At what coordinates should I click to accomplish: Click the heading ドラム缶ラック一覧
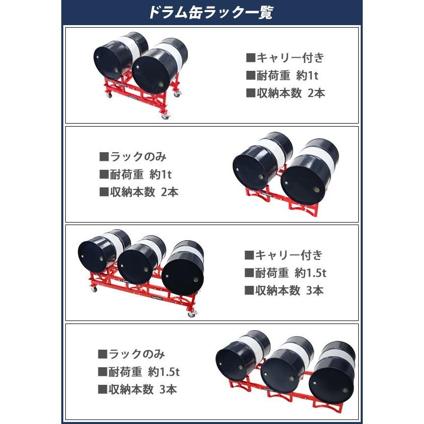coord(210,13)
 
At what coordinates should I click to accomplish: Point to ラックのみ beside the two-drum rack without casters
coord(137,156)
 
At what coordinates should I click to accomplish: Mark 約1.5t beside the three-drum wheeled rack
coord(311,273)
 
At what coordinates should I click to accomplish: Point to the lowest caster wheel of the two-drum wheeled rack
coord(165,117)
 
